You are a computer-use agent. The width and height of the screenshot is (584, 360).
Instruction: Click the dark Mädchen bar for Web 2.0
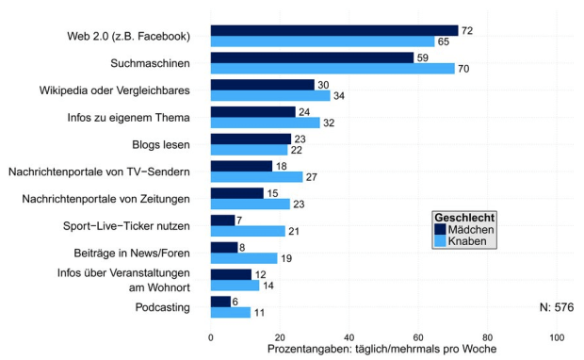click(334, 31)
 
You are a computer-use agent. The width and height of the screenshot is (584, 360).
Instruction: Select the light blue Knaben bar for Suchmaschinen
click(332, 68)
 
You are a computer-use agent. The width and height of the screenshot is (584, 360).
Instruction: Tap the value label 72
click(466, 31)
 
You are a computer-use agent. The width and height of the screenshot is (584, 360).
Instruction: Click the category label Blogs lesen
click(161, 145)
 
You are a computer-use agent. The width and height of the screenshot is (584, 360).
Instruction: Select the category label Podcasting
click(162, 307)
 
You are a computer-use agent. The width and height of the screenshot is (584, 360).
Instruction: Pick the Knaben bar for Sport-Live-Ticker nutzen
click(247, 231)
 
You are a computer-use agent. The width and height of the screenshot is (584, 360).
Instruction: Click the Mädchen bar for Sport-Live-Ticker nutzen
click(222, 220)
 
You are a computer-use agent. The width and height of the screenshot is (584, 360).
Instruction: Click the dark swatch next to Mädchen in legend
click(439, 229)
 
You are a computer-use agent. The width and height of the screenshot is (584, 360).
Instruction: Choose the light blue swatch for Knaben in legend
click(439, 241)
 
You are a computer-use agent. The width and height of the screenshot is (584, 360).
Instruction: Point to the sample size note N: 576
click(556, 307)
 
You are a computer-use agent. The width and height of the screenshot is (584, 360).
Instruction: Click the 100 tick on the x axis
click(557, 335)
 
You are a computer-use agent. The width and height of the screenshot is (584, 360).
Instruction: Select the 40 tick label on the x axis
click(349, 335)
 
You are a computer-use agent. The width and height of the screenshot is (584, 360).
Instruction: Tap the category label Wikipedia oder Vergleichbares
click(115, 90)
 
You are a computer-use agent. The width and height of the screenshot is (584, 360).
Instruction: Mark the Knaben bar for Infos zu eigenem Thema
click(266, 123)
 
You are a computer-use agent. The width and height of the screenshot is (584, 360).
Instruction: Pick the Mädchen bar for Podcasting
click(220, 301)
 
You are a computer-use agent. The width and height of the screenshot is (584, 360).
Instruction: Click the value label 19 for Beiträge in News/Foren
click(285, 258)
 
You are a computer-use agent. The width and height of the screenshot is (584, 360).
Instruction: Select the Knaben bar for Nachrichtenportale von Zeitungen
click(250, 204)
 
